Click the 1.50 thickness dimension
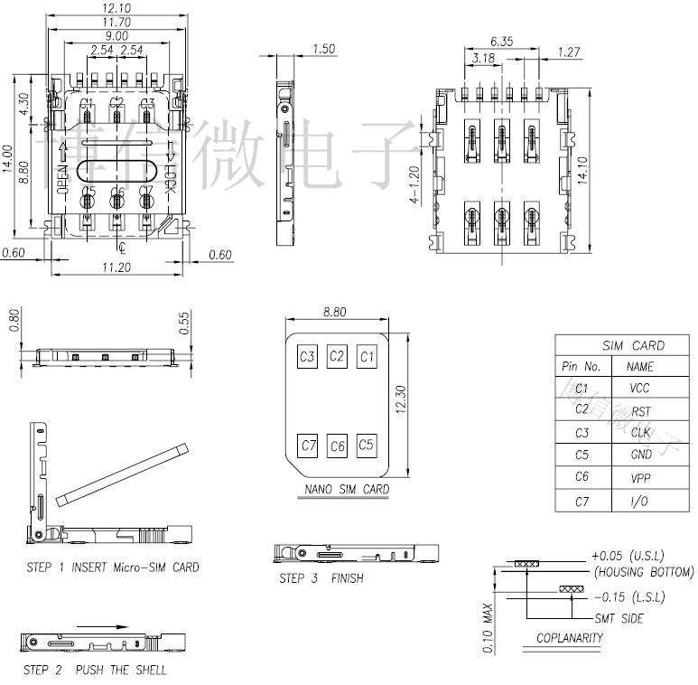(322, 49)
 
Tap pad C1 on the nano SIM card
(366, 356)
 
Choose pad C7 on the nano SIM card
(308, 445)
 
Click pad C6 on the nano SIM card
(337, 445)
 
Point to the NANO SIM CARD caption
(347, 489)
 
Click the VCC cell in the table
(639, 389)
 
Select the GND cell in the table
(640, 455)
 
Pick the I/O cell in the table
(640, 501)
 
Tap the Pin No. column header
(581, 367)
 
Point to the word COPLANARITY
(568, 637)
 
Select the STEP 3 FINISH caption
(321, 577)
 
